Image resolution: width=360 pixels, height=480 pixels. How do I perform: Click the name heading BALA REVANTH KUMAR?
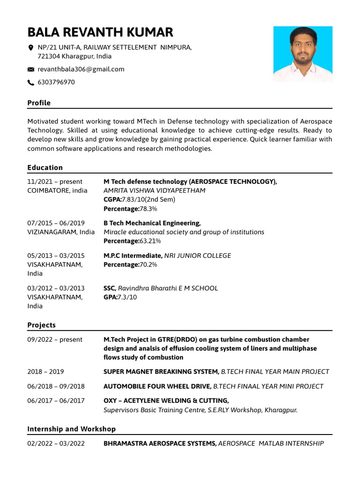pyautogui.click(x=100, y=32)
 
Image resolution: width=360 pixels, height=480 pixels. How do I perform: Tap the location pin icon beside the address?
pyautogui.click(x=31, y=47)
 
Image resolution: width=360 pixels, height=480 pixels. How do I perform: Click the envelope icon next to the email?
pyautogui.click(x=31, y=69)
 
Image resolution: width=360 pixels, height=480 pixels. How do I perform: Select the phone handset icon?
pyautogui.click(x=31, y=82)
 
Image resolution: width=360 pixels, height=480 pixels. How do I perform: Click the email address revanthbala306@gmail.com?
pyautogui.click(x=81, y=69)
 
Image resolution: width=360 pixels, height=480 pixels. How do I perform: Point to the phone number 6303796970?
pyautogui.click(x=56, y=82)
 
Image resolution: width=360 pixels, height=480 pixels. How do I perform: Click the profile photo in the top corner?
pyautogui.click(x=303, y=54)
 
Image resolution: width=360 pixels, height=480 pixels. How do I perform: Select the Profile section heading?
pyautogui.click(x=39, y=103)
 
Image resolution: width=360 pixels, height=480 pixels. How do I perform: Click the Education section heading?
pyautogui.click(x=45, y=167)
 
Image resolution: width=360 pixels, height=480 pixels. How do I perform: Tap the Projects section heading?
pyautogui.click(x=41, y=325)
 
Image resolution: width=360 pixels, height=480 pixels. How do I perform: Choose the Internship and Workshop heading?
pyautogui.click(x=71, y=429)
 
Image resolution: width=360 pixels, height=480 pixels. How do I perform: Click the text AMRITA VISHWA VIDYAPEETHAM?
pyautogui.click(x=154, y=190)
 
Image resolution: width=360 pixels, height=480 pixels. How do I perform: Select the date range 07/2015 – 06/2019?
pyautogui.click(x=56, y=223)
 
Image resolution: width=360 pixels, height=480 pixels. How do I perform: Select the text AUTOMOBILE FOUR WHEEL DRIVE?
pyautogui.click(x=157, y=386)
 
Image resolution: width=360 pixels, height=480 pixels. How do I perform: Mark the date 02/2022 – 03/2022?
pyautogui.click(x=56, y=443)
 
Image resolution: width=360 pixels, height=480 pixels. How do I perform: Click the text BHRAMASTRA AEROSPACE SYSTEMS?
pyautogui.click(x=160, y=443)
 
